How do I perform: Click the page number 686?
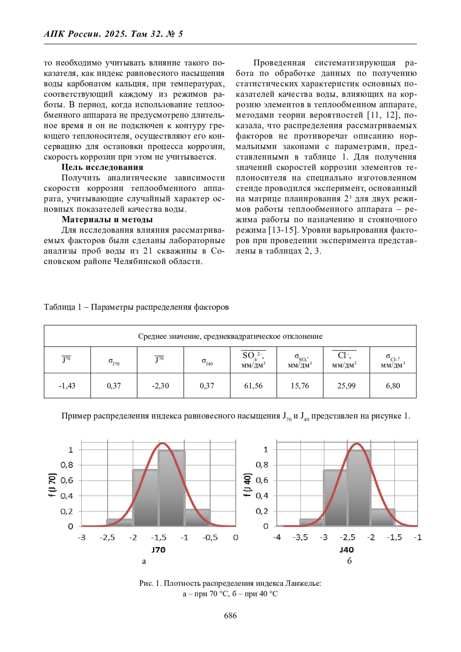coord(230,615)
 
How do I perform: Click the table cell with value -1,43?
coord(67,385)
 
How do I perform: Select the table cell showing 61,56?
coord(253,385)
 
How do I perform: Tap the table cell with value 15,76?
coord(300,385)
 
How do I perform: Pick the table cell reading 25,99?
coord(346,385)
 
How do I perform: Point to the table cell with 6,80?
coord(393,385)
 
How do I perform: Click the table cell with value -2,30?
coord(160,385)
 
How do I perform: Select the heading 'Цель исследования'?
coord(102,167)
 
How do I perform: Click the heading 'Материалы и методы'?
coord(107,219)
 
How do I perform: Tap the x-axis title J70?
coord(158,549)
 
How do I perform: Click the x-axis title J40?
coord(347,549)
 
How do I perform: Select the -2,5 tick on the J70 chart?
coord(107,537)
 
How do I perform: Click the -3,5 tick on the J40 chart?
coord(300,537)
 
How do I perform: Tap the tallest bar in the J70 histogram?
coord(171,488)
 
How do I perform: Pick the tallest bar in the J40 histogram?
coord(359,488)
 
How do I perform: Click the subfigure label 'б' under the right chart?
coord(349,561)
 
